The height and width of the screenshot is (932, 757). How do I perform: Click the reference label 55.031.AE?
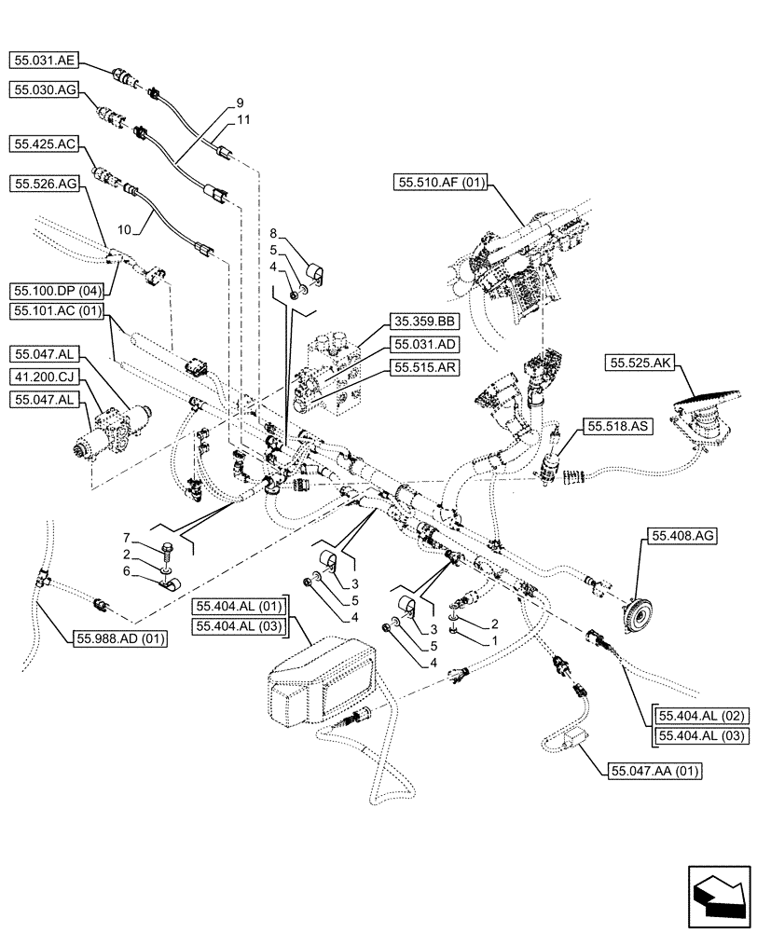click(x=45, y=61)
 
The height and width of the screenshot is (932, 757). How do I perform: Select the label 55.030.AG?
click(x=45, y=89)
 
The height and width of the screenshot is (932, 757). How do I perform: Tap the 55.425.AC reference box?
click(x=45, y=144)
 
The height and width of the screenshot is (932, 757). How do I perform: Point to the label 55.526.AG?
click(x=45, y=185)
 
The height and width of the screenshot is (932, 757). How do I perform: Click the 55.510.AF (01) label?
click(x=440, y=184)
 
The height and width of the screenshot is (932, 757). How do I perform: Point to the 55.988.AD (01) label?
click(x=118, y=638)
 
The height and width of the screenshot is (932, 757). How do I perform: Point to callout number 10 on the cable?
click(x=124, y=226)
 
